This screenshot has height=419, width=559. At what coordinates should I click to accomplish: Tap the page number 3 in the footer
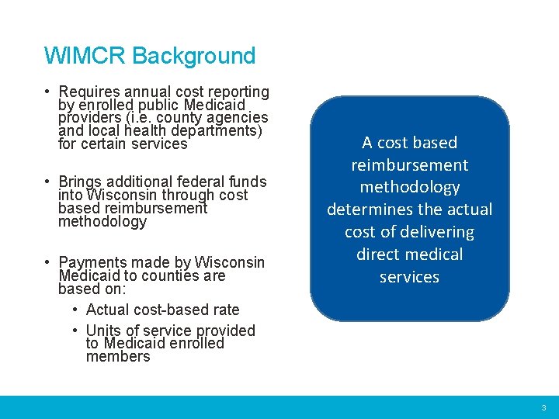tap(543, 407)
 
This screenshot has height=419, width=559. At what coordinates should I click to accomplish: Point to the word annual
tap(151, 92)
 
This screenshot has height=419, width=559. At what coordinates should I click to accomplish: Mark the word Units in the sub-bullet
tap(105, 331)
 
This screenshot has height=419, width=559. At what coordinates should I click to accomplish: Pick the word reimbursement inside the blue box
tap(409, 165)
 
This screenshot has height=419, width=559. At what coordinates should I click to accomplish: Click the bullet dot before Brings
tap(48, 182)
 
